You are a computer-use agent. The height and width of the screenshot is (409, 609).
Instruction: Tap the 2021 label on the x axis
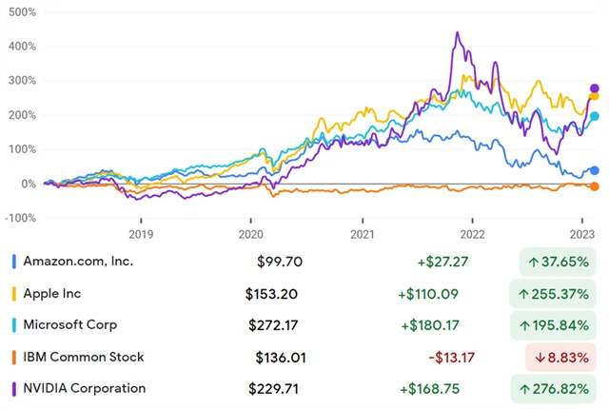click(362, 233)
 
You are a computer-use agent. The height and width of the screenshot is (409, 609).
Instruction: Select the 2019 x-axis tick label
click(140, 233)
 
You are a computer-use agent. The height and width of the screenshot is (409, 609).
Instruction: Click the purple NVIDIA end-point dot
click(595, 88)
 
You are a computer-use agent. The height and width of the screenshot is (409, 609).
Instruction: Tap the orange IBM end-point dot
click(595, 186)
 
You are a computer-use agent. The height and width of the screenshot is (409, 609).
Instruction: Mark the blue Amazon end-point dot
click(595, 170)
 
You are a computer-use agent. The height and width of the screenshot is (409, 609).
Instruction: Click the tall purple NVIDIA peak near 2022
click(458, 34)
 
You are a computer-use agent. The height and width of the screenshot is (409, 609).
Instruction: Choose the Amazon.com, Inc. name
click(79, 261)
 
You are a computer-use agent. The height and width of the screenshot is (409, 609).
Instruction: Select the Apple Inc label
click(55, 293)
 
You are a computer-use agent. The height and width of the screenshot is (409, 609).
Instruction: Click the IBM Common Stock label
click(84, 357)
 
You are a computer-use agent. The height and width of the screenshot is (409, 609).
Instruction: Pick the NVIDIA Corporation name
click(85, 388)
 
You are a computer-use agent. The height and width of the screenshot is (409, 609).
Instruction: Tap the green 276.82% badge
click(558, 389)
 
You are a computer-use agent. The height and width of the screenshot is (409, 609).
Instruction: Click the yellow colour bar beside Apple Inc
click(12, 293)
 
